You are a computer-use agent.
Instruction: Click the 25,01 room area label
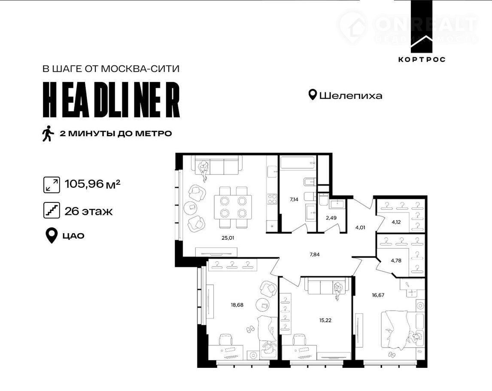pos(228,238)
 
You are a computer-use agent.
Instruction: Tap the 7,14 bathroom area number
pos(294,199)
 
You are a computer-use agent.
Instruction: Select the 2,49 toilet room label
pos(331,217)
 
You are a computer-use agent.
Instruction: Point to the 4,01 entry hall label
pos(360,227)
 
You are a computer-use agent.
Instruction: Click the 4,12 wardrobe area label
pos(396,222)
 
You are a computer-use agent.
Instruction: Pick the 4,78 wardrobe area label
pos(396,260)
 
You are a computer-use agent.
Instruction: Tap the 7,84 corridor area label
pos(314,254)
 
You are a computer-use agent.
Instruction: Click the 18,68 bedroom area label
pos(237,305)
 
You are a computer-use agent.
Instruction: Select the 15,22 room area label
pos(325,321)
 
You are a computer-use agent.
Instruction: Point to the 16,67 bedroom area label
pos(378,295)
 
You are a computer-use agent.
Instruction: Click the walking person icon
pos(48,134)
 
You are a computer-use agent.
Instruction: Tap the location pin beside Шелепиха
pos(312,95)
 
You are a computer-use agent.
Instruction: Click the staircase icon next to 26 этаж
pos(52,211)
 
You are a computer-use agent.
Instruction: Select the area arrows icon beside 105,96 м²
pos(52,185)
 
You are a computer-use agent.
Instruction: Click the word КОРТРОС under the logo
pos(422,59)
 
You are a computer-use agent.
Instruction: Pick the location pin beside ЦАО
pos(52,235)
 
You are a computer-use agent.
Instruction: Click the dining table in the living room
pos(233,207)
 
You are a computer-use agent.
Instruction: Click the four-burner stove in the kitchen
pos(272,199)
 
